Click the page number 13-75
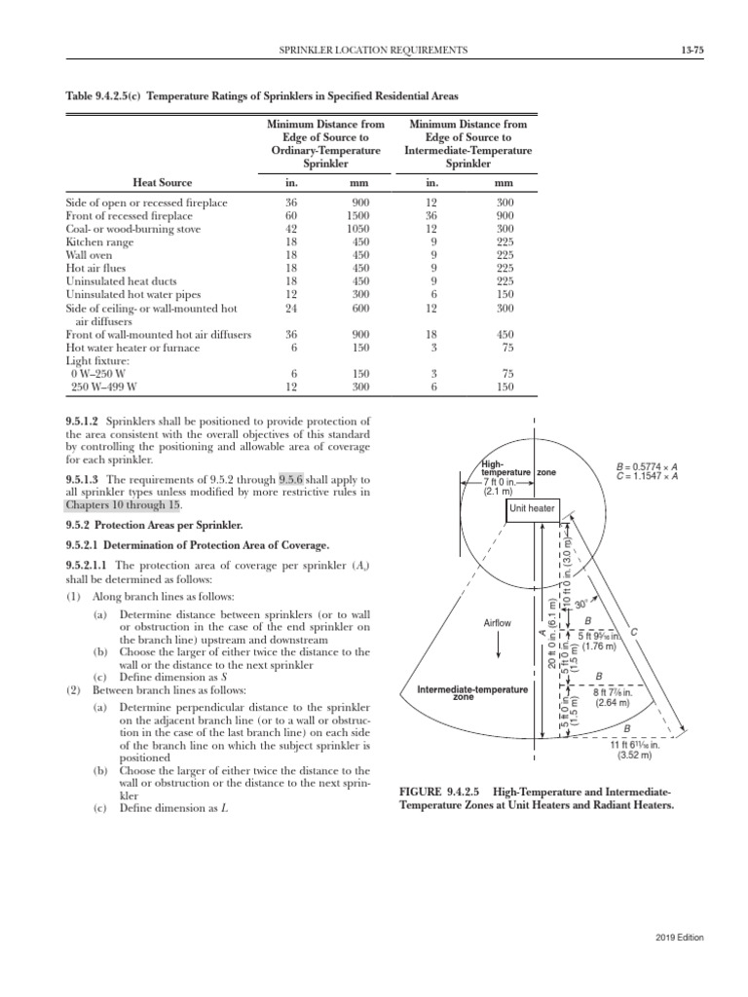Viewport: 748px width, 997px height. [x=692, y=49]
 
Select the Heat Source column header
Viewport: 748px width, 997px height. [x=162, y=182]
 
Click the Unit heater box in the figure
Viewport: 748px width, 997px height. [x=533, y=508]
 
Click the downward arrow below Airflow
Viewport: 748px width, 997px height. [x=498, y=645]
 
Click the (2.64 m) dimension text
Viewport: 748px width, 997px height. [x=614, y=701]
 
